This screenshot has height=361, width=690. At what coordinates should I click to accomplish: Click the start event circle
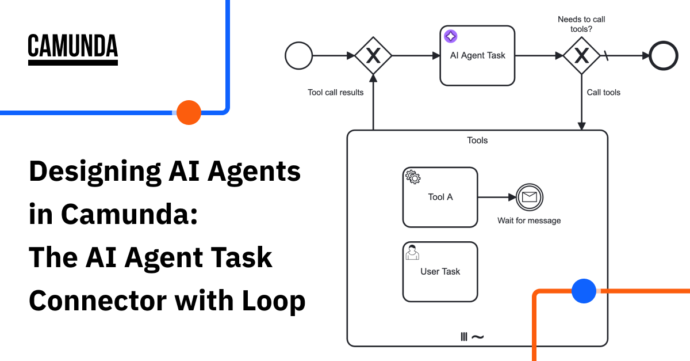pyautogui.click(x=299, y=56)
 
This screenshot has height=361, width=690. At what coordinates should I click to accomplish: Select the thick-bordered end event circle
pyautogui.click(x=664, y=56)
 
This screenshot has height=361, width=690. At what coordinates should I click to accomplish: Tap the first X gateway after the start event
pyautogui.click(x=373, y=56)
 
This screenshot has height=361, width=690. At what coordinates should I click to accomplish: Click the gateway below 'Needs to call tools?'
pyautogui.click(x=582, y=56)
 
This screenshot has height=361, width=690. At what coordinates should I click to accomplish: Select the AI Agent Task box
pyautogui.click(x=477, y=56)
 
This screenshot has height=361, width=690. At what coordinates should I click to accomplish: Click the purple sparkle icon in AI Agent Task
pyautogui.click(x=451, y=36)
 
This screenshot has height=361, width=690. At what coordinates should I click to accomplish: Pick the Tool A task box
pyautogui.click(x=440, y=197)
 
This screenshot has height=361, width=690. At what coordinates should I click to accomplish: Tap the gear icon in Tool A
pyautogui.click(x=413, y=177)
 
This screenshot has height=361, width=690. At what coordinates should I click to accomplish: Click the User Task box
pyautogui.click(x=440, y=271)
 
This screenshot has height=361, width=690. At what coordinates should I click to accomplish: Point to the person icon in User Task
pyautogui.click(x=412, y=252)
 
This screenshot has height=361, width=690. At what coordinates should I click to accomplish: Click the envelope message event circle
pyautogui.click(x=529, y=197)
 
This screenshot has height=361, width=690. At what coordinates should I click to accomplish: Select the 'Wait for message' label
pyautogui.click(x=529, y=221)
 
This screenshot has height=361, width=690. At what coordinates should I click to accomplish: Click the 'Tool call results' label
pyautogui.click(x=336, y=92)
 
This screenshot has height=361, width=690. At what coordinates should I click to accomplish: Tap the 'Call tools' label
pyautogui.click(x=603, y=92)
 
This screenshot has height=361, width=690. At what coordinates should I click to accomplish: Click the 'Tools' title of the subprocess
pyautogui.click(x=477, y=140)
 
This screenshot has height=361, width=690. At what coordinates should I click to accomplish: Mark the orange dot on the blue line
pyautogui.click(x=189, y=112)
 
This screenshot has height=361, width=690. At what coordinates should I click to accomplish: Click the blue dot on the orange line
pyautogui.click(x=584, y=291)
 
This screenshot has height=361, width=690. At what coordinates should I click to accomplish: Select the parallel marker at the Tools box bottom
pyautogui.click(x=464, y=337)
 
